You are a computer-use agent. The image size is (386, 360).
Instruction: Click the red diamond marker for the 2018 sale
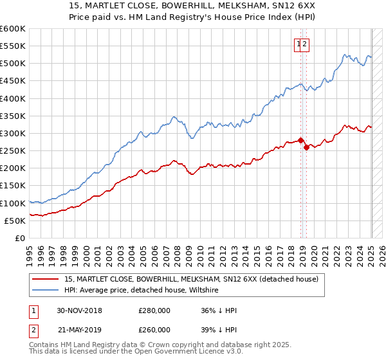(300, 140)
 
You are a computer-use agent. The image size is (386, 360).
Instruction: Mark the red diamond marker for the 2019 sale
(306, 147)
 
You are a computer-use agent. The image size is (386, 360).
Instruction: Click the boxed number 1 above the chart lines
(299, 44)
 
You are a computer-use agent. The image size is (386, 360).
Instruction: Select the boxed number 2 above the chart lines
(306, 44)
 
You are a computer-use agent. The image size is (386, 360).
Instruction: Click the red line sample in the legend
(46, 279)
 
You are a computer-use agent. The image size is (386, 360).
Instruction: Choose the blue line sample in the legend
(46, 291)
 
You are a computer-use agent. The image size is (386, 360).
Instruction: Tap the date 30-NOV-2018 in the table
(80, 310)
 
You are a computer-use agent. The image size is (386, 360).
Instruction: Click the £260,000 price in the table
(154, 329)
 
